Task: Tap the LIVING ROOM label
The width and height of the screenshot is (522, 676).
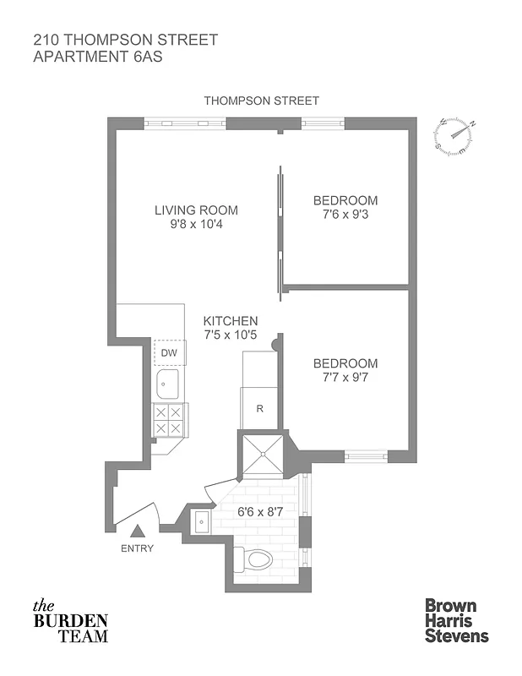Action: click(196, 210)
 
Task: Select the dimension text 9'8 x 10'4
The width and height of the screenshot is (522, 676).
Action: click(196, 225)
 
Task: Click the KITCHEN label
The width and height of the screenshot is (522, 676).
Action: click(231, 321)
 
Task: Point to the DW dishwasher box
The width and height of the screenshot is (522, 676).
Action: click(168, 352)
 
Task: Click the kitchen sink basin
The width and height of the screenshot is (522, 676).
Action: click(166, 384)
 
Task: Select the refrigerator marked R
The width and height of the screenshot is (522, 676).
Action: click(260, 408)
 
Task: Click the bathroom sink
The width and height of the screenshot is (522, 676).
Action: click(204, 521)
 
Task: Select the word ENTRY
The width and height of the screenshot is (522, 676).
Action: click(138, 548)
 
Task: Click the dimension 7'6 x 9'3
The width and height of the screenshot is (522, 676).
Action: click(345, 215)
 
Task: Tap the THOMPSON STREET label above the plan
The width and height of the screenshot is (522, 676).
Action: click(261, 101)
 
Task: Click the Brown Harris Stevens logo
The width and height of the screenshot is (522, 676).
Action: click(455, 620)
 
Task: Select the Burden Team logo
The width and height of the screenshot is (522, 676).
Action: click(70, 621)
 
